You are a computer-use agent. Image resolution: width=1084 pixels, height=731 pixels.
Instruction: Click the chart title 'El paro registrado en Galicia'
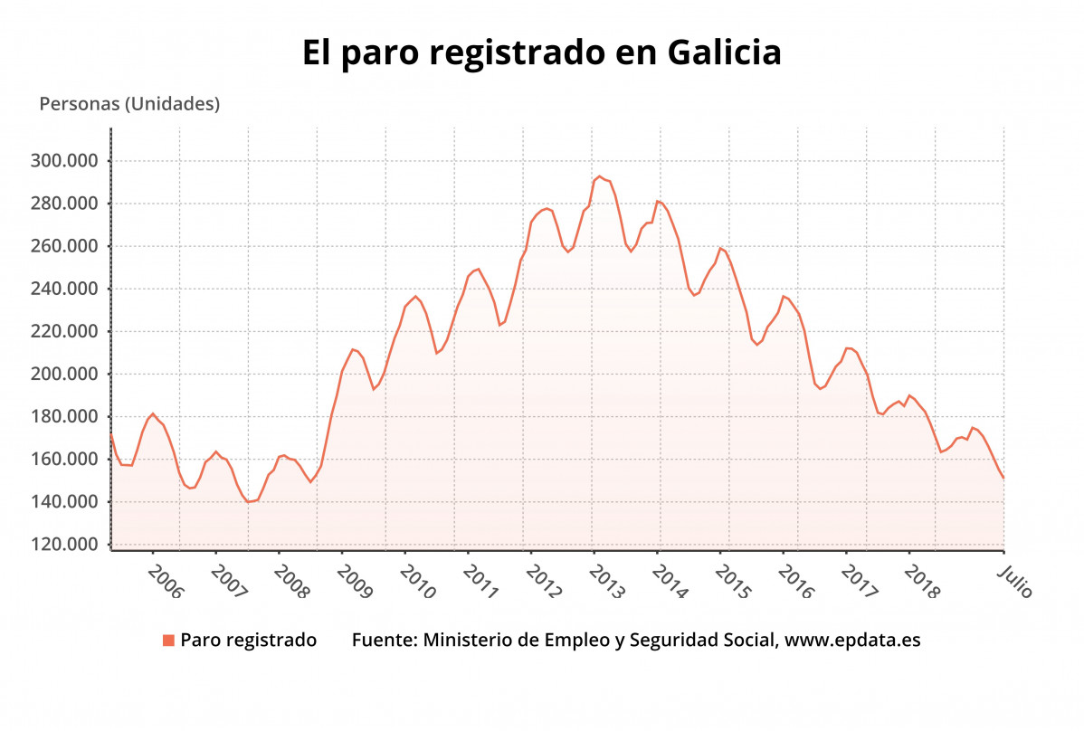point(541,52)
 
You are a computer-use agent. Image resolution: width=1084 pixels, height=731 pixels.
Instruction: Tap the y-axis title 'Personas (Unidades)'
point(129,104)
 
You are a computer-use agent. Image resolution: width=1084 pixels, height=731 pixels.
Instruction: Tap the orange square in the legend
point(168,641)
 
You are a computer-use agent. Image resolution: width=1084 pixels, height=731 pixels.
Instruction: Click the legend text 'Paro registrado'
point(249,641)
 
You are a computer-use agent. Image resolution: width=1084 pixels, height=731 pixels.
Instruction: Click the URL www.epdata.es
point(852,641)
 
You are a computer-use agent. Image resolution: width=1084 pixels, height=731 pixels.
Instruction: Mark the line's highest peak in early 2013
point(599,176)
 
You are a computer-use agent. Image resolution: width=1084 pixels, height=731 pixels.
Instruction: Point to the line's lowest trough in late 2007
point(248,501)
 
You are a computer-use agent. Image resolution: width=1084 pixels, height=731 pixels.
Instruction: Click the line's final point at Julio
point(1003,478)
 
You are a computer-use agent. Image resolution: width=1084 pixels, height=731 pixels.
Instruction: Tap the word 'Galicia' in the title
point(724,52)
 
